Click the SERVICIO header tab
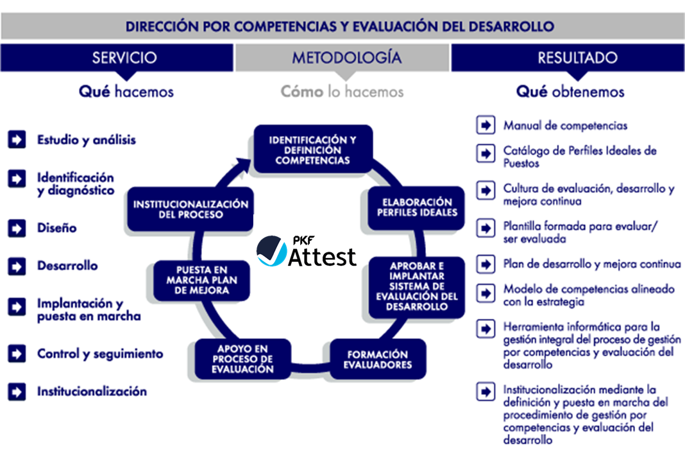pyautogui.click(x=117, y=58)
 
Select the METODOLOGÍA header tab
pyautogui.click(x=342, y=58)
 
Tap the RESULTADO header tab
pyautogui.click(x=568, y=58)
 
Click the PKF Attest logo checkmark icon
pyautogui.click(x=271, y=251)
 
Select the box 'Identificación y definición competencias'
pyautogui.click(x=313, y=150)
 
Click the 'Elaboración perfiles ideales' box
pyautogui.click(x=416, y=207)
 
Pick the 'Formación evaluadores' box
pyautogui.click(x=377, y=359)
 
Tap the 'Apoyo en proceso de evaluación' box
pyautogui.click(x=242, y=359)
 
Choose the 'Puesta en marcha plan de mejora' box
pyautogui.click(x=201, y=280)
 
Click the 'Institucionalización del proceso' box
pyautogui.click(x=190, y=209)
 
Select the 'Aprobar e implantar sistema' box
pyautogui.click(x=416, y=287)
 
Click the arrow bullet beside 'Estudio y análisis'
pyautogui.click(x=17, y=140)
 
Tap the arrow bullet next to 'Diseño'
pyautogui.click(x=17, y=228)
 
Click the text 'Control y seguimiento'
pyautogui.click(x=100, y=354)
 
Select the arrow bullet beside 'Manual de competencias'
pyautogui.click(x=486, y=125)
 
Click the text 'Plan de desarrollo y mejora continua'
pyautogui.click(x=592, y=264)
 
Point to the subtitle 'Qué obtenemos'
pyautogui.click(x=570, y=91)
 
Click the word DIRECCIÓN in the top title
pyautogui.click(x=162, y=26)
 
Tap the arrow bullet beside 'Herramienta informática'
pyautogui.click(x=486, y=329)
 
